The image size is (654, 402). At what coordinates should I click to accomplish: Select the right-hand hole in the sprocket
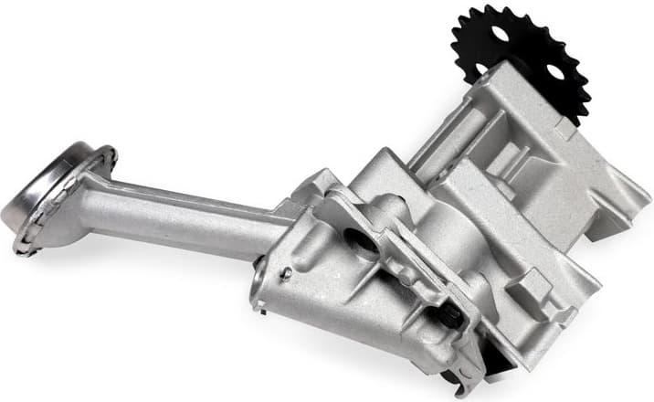point(554,71)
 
